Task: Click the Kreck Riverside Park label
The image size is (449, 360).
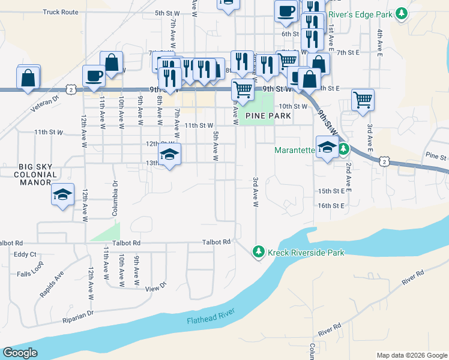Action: pos(306,253)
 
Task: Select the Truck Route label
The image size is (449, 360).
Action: pos(61,11)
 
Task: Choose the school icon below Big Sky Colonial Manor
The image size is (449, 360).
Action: pos(62,194)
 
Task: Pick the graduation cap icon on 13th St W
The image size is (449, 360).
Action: pos(169,155)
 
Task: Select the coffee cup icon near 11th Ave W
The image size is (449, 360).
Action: pos(94,75)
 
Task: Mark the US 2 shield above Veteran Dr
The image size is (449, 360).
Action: pos(71,89)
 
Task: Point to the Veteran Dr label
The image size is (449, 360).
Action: pos(45,103)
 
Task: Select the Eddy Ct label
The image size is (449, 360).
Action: pos(25,254)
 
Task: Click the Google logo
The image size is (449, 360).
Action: pos(20,353)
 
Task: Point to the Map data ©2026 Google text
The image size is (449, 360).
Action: pos(411,355)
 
